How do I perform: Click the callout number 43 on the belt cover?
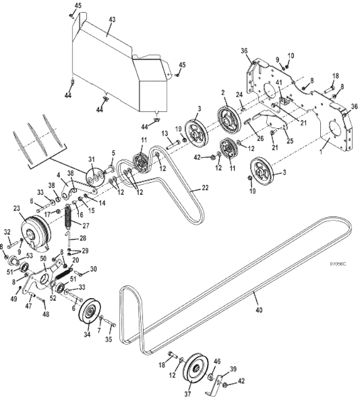[x=112, y=19]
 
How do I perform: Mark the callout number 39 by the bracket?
[x=233, y=369]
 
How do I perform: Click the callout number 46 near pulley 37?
[x=217, y=361]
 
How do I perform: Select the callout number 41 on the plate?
[x=278, y=83]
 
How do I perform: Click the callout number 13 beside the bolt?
[x=165, y=133]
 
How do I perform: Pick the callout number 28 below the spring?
[x=83, y=239]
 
